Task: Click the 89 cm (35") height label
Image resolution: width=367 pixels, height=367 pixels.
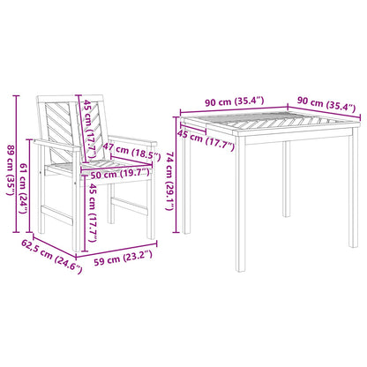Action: [11, 170]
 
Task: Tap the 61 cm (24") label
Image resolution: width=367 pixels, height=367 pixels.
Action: [23, 188]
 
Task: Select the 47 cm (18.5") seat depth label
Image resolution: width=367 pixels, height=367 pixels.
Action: [131, 151]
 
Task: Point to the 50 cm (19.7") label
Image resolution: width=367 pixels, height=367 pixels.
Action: [120, 174]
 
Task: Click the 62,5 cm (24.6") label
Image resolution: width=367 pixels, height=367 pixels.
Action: [51, 257]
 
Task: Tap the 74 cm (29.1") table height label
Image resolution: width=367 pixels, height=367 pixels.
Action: [169, 181]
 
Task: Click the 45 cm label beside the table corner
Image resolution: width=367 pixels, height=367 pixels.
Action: [206, 139]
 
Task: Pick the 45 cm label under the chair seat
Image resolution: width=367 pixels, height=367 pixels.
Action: [93, 213]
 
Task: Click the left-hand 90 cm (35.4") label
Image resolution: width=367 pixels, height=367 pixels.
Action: [235, 101]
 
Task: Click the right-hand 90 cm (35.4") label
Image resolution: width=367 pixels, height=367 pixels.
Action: [326, 104]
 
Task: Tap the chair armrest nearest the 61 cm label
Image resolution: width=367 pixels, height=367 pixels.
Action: [56, 146]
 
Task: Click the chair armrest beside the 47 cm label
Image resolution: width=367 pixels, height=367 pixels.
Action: [132, 139]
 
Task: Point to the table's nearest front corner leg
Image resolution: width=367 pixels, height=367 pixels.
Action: [241, 204]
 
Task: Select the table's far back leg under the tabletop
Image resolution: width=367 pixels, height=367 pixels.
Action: [286, 179]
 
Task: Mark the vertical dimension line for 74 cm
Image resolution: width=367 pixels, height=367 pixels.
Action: [176, 175]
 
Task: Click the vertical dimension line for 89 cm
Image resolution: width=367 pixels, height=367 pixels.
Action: [17, 164]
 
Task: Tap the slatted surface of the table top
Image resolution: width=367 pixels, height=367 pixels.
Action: [270, 123]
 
